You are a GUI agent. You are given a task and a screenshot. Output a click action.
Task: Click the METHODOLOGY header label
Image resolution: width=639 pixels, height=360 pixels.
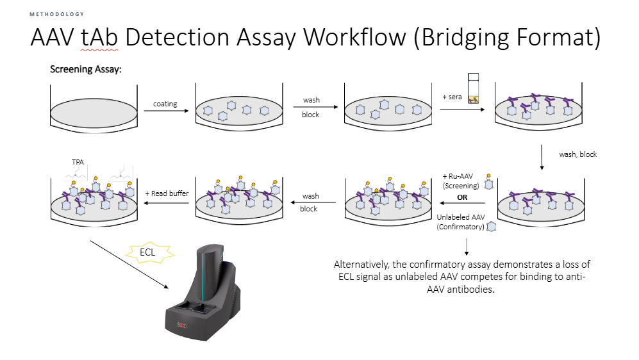click(x=56, y=14)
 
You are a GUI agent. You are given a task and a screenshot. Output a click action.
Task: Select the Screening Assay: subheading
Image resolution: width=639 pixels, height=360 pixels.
click(x=86, y=69)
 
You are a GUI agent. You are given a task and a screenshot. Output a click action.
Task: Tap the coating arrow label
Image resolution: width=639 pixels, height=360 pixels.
click(x=165, y=104)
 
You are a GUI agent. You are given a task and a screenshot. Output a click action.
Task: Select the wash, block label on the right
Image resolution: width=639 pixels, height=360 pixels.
click(x=578, y=154)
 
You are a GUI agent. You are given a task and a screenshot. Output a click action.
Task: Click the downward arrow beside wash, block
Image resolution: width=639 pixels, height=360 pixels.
click(x=542, y=158)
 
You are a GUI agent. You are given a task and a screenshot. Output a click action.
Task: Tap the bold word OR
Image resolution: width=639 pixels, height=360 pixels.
click(x=462, y=197)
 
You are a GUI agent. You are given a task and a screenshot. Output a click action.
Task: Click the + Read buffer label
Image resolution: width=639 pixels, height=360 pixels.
click(x=166, y=193)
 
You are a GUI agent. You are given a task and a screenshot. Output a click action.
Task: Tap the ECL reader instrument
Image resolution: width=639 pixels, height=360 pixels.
click(x=204, y=295)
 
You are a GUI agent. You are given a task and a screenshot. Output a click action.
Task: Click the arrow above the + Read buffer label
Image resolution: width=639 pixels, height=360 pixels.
click(x=166, y=203)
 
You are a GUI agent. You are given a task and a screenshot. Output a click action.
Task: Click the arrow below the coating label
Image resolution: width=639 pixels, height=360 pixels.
click(x=166, y=111)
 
